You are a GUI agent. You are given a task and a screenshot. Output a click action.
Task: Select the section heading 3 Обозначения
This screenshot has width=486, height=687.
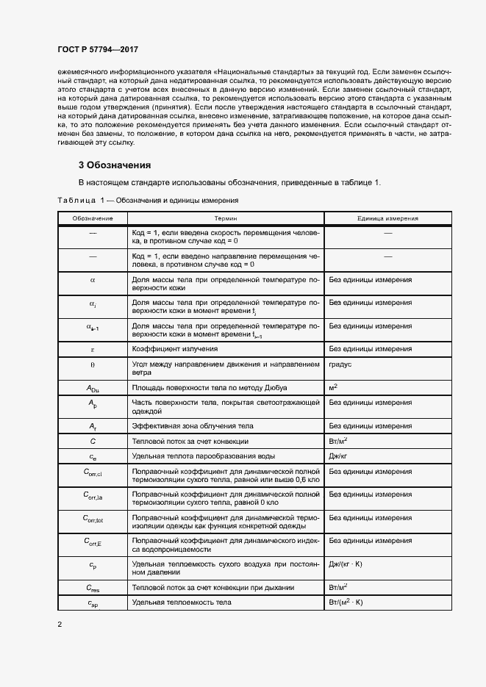pos(115,165)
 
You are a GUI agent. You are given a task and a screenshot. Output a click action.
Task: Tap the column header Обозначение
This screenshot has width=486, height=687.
pos(93,218)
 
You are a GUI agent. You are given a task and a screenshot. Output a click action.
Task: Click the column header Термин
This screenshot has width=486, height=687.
pos(225,218)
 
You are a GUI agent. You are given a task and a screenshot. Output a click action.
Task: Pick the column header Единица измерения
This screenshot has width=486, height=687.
pos(388,218)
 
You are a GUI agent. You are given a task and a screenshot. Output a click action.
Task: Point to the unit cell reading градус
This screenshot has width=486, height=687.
pos(342,364)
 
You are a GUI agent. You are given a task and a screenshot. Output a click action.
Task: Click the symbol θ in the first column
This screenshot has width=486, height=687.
pos(93,364)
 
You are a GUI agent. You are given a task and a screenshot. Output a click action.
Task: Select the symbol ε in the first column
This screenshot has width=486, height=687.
pos(93,348)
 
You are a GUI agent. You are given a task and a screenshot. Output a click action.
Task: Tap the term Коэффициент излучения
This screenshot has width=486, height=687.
pos(174,348)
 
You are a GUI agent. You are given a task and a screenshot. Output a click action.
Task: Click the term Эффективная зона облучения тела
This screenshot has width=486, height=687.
pos(193,425)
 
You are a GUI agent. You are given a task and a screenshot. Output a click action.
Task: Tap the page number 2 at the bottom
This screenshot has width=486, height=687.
pos(60,624)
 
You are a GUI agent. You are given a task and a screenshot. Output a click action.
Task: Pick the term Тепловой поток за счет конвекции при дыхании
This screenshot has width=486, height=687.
pos(212,587)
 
